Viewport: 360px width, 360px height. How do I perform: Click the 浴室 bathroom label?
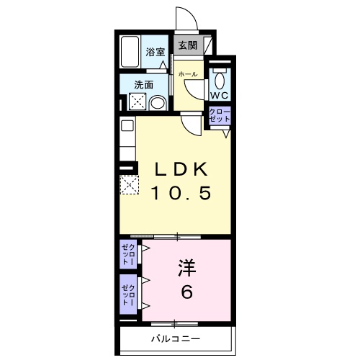tap(156, 52)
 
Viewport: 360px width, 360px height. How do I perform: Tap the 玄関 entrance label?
tap(188, 45)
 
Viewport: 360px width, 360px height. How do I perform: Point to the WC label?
tap(219, 95)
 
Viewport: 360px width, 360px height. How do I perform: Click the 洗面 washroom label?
tap(144, 85)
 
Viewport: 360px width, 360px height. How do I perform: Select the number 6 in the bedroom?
tap(186, 294)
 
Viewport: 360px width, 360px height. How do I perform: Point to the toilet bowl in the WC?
tap(220, 77)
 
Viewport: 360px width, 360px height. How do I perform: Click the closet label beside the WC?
tap(218, 115)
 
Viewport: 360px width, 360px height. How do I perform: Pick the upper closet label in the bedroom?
tap(126, 255)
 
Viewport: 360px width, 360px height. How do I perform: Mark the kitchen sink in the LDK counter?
tap(126, 126)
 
